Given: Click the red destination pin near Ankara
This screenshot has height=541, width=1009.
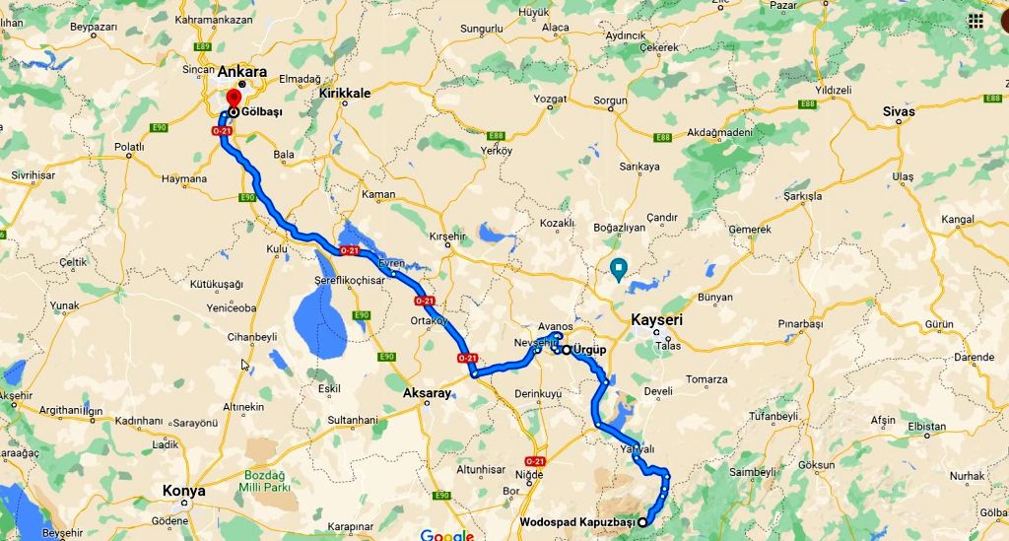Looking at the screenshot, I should click(234, 100).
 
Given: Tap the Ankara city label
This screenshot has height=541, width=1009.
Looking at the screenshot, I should click(242, 72).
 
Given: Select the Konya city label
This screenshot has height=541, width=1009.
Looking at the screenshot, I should click(184, 491).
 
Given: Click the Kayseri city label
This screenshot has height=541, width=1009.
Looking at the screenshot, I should click(656, 320).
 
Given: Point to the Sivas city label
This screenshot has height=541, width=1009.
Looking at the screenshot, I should click(899, 111).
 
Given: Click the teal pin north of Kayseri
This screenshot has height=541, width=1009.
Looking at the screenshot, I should click(620, 267).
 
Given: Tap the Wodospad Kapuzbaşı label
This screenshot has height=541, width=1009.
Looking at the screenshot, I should click(576, 522).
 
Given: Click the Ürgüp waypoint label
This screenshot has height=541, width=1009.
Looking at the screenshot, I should click(589, 350).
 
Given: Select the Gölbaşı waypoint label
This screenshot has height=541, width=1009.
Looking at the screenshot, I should click(261, 112).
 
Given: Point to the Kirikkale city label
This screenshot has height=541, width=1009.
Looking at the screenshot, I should click(345, 93).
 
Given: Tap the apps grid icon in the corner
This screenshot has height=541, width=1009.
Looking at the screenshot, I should click(975, 20).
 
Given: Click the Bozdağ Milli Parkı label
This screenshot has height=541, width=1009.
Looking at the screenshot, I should click(264, 480).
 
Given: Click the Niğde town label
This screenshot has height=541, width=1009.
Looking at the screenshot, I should click(530, 475).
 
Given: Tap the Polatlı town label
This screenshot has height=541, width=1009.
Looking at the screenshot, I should click(129, 147).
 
